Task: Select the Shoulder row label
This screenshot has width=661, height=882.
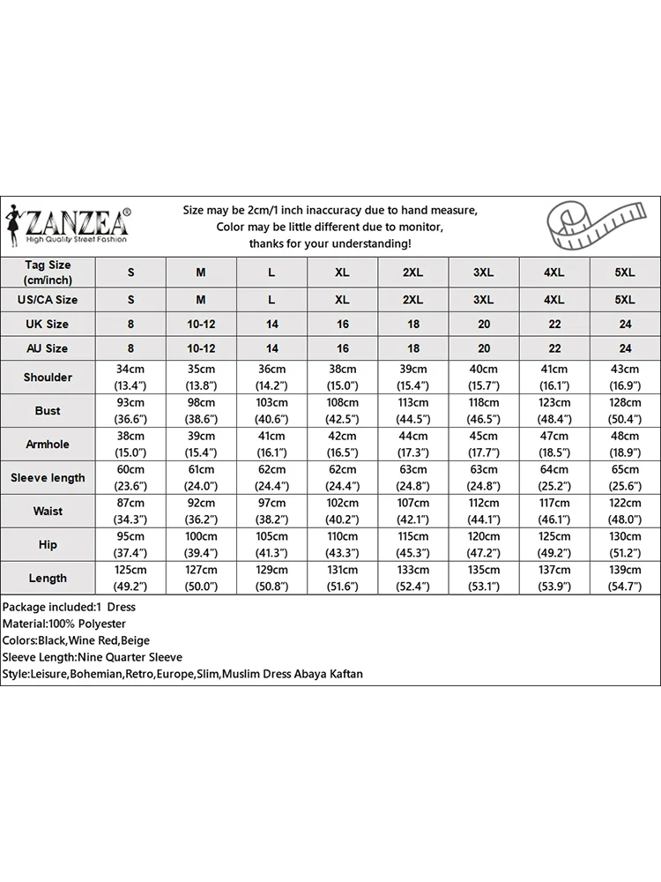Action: tap(48, 377)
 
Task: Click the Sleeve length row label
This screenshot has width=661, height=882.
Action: tap(48, 478)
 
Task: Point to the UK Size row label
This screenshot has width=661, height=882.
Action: tap(48, 324)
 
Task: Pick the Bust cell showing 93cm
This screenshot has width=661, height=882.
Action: tap(131, 411)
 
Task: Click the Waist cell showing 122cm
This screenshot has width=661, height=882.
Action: tap(625, 512)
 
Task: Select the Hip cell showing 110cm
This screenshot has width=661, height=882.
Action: tap(343, 545)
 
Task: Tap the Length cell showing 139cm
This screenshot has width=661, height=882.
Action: tap(625, 579)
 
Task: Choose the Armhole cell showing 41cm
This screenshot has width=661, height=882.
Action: tap(272, 445)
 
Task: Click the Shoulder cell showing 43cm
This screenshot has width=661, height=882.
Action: tap(625, 377)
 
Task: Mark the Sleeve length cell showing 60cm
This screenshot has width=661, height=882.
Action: tap(131, 478)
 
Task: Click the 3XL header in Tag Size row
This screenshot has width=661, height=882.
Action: tap(484, 273)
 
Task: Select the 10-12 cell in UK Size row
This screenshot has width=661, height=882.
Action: tap(201, 324)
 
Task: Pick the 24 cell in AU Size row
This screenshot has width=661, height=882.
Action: tap(625, 348)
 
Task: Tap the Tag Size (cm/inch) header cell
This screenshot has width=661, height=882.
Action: tap(48, 272)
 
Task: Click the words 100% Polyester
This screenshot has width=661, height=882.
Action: tap(88, 624)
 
